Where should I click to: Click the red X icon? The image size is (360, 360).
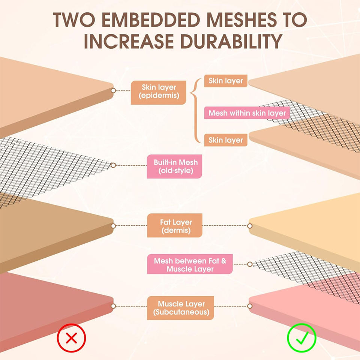click(x=72, y=339)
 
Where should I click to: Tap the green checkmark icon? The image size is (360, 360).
click(x=301, y=339)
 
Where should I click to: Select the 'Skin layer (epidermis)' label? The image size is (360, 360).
click(x=159, y=92)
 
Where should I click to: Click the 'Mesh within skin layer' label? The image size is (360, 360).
click(x=247, y=113)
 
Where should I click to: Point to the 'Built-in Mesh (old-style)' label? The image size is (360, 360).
click(x=174, y=166)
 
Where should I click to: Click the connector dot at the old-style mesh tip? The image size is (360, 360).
click(x=113, y=165)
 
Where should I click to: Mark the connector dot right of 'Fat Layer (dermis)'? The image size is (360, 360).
click(x=250, y=226)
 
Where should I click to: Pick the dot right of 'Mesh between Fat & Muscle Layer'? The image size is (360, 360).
click(x=250, y=264)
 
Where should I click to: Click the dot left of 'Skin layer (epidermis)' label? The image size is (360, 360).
click(x=113, y=91)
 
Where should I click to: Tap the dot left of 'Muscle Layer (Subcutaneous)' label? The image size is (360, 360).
click(x=113, y=306)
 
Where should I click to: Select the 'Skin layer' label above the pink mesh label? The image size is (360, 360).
click(x=225, y=81)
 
